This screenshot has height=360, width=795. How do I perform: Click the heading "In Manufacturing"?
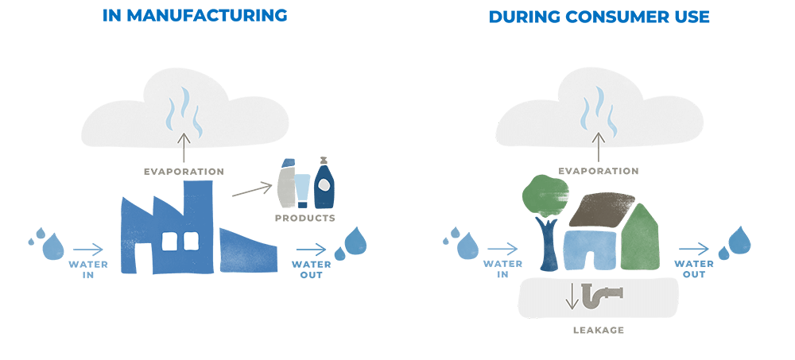point(195,16)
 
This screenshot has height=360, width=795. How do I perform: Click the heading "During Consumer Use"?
point(599,17)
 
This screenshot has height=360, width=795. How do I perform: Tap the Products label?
point(305,218)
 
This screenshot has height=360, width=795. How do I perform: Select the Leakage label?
point(599,330)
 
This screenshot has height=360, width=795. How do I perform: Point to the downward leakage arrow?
point(572,296)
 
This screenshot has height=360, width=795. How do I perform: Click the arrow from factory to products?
point(252,190)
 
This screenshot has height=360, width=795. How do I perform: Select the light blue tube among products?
point(302,191)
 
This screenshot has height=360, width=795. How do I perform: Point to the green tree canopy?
point(545,195)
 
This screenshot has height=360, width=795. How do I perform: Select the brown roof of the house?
point(603,209)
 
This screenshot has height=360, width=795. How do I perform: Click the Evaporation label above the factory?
point(184,172)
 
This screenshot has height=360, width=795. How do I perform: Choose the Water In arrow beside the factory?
point(88,250)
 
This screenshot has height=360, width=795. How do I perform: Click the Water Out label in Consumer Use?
point(693,269)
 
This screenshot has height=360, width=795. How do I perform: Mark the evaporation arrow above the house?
point(599,147)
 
